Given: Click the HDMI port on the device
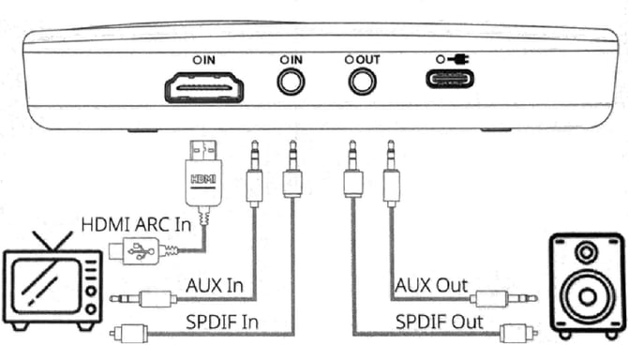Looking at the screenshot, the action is [x=203, y=88].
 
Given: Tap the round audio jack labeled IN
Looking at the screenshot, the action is [x=292, y=82].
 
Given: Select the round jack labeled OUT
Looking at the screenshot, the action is [x=362, y=82].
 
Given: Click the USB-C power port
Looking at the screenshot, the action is [x=450, y=79].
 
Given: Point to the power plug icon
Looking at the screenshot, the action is [x=458, y=59].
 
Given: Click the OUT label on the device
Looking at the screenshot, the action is [x=368, y=60].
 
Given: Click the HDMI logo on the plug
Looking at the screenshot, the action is [x=203, y=179].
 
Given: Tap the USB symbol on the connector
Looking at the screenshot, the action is [x=141, y=251].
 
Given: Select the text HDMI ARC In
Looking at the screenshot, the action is [x=136, y=224].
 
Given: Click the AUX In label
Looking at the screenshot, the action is [x=215, y=286].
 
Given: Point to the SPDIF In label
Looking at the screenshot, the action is [x=222, y=322].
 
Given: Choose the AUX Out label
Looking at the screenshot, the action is [x=431, y=286].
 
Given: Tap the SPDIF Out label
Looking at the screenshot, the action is [x=440, y=322].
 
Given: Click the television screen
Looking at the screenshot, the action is [x=46, y=286].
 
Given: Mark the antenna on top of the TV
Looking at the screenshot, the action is [x=52, y=241].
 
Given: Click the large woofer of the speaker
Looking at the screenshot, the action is [x=587, y=297].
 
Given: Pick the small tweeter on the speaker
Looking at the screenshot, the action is [x=586, y=252].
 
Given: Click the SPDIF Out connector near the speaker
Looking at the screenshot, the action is [x=518, y=333].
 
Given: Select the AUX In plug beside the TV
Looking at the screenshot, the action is [x=143, y=299].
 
